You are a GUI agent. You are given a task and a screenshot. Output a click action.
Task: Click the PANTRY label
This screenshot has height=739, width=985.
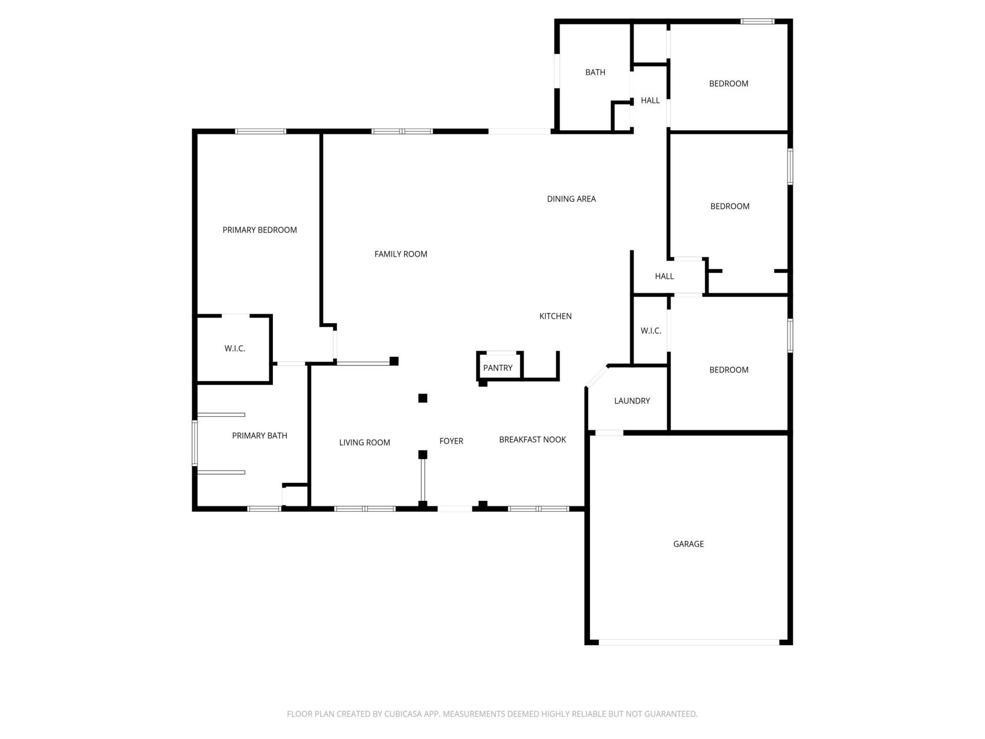click(x=498, y=368)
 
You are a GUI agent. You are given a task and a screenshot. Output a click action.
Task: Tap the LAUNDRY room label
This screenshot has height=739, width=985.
click(x=632, y=401)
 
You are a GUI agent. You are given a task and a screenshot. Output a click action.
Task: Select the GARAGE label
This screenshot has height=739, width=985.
click(x=688, y=544)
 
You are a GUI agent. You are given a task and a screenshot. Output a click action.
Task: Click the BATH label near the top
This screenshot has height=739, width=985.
click(x=595, y=72)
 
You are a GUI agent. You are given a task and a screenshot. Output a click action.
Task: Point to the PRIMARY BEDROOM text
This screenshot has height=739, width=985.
click(x=260, y=230)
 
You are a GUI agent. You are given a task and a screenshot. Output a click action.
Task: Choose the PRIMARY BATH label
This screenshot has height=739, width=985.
click(x=260, y=436)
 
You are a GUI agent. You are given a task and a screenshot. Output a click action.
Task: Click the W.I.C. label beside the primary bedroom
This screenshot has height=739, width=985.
click(x=234, y=348)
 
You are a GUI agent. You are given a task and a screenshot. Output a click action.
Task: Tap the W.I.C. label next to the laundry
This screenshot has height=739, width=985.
click(x=651, y=331)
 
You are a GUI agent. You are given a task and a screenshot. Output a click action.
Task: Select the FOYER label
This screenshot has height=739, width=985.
click(x=451, y=441)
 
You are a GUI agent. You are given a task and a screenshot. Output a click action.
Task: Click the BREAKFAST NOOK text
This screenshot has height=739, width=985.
click(x=533, y=439)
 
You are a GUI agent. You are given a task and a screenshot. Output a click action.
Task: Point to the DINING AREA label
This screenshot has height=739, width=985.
click(x=571, y=199)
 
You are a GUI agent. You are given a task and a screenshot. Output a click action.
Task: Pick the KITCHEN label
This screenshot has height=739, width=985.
click(x=555, y=316)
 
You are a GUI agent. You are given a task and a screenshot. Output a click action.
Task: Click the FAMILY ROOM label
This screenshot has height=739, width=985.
click(x=401, y=254)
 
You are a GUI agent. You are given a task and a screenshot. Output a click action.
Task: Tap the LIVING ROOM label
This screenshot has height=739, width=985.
click(x=364, y=442)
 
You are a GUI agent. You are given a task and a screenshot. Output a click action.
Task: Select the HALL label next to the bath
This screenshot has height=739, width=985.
click(x=650, y=101)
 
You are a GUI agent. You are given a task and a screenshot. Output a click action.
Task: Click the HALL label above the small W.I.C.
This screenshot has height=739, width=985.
click(x=664, y=276)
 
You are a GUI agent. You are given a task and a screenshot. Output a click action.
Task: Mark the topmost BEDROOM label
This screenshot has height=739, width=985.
click(x=728, y=84)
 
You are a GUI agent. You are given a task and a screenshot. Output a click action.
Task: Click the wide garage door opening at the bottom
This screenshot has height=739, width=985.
click(x=688, y=642)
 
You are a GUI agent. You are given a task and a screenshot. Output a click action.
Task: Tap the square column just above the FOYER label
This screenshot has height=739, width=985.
click(x=423, y=398)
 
